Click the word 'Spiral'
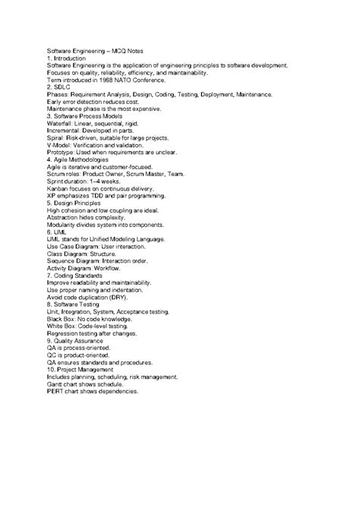pos(55,138)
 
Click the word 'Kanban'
pos(58,189)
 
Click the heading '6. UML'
pos(57,233)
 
